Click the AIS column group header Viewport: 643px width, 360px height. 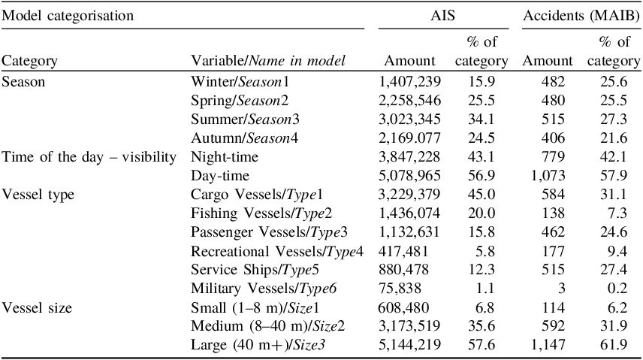(x=442, y=16)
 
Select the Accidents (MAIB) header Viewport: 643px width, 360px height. (x=581, y=16)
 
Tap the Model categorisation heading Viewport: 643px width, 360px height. (x=68, y=16)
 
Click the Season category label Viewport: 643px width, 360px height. (x=23, y=82)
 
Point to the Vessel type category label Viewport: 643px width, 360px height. (x=38, y=194)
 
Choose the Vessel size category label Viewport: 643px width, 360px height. (x=37, y=307)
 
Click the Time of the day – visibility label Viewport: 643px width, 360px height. (x=89, y=157)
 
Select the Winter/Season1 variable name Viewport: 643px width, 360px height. (x=240, y=82)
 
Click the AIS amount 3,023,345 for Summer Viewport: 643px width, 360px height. (x=409, y=119)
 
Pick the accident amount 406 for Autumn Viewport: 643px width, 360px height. (x=553, y=138)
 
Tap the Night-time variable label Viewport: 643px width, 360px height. (x=225, y=157)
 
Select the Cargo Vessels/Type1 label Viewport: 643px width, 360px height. (x=240, y=194)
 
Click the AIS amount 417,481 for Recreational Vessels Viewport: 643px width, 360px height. (x=403, y=251)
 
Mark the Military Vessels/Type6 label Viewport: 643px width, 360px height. (x=264, y=289)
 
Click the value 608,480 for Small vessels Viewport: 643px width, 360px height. (x=403, y=307)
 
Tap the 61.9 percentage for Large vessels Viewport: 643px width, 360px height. (x=614, y=344)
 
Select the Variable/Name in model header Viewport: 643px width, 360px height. (x=268, y=61)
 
